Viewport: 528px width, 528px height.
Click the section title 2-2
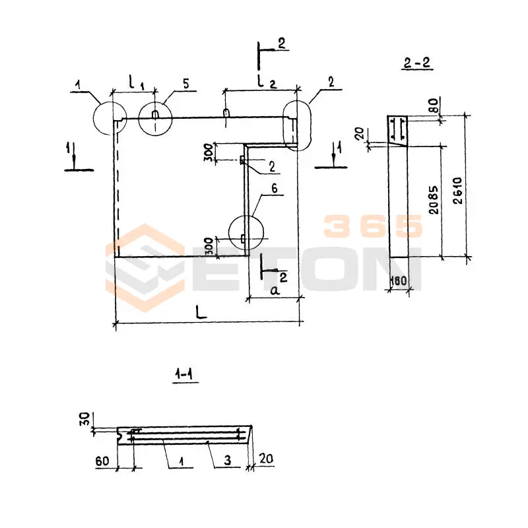point(417,63)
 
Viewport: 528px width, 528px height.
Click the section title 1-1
point(185,374)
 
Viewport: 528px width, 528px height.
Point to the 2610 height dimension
point(458,191)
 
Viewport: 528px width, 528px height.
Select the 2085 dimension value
point(434,200)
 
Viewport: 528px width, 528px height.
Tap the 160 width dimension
point(399,280)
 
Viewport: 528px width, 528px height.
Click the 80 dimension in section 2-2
point(434,105)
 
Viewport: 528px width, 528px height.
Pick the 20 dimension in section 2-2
point(360,133)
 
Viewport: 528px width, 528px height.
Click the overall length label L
point(201,312)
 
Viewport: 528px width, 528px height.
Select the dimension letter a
point(275,290)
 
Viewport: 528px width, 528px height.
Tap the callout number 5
point(186,84)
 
